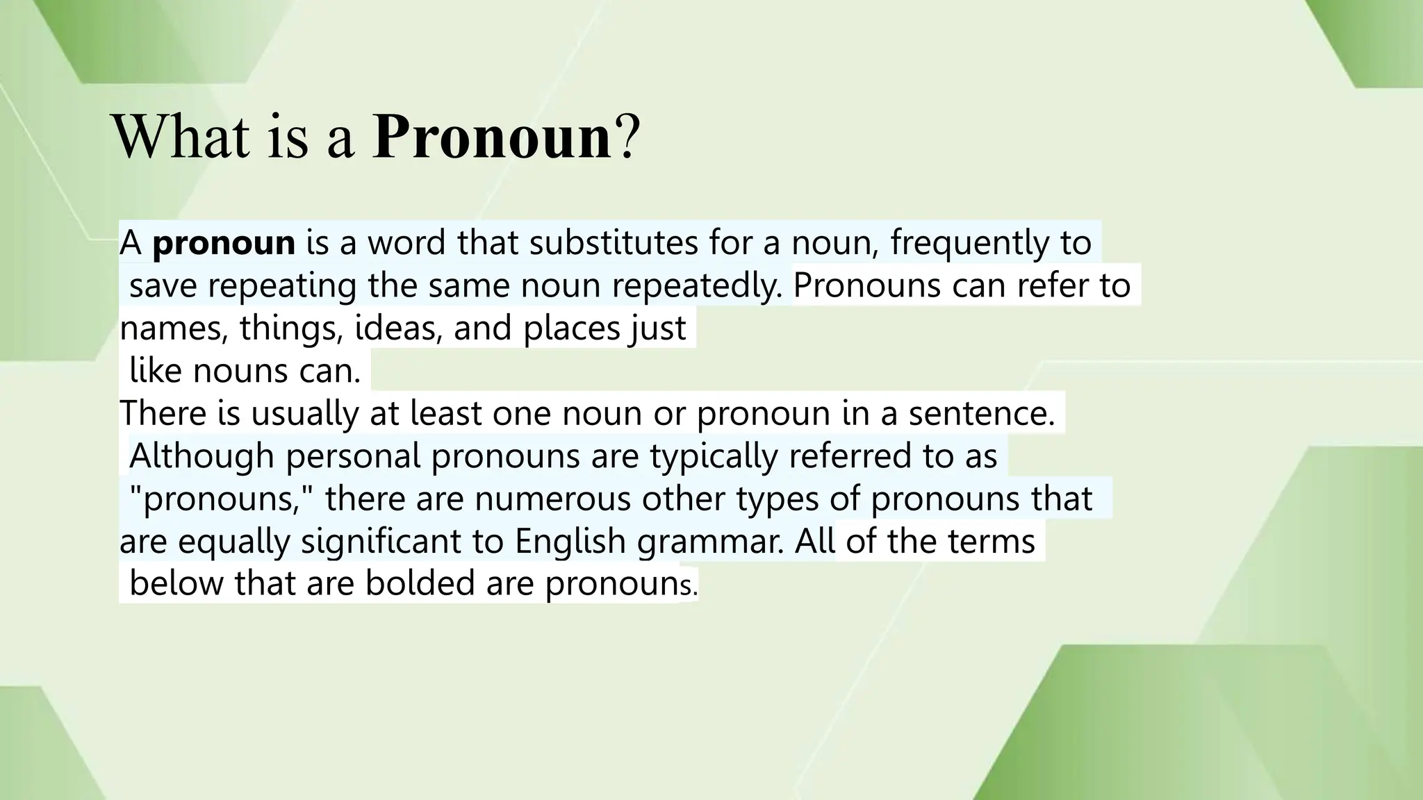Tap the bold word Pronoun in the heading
(x=492, y=137)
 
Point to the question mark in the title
(x=625, y=137)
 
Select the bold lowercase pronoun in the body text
(x=224, y=243)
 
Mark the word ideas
(x=398, y=328)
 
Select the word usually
(x=303, y=413)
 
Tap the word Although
(x=201, y=456)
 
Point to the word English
(x=570, y=542)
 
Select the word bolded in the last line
(x=420, y=583)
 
